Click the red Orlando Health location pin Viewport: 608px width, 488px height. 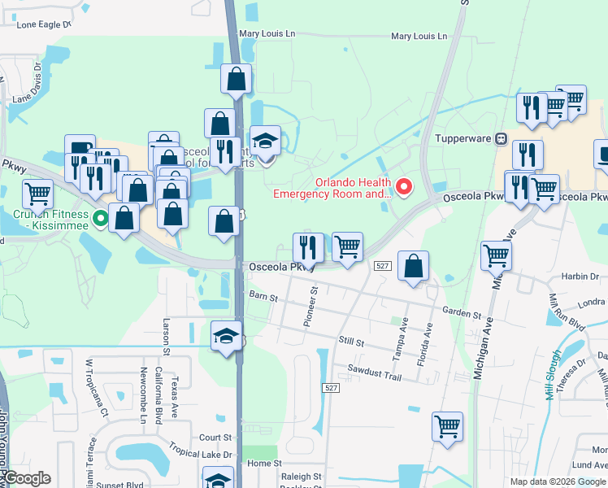pos(403,188)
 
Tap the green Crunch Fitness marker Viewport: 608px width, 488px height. pos(100,218)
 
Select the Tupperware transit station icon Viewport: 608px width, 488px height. pos(502,138)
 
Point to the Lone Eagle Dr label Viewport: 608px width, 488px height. pos(44,25)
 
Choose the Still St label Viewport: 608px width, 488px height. pos(350,342)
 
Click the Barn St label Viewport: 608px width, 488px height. pos(263,295)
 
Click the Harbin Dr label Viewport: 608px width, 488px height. pos(584,277)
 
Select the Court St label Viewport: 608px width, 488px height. pos(215,438)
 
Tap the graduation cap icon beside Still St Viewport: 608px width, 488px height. pos(227,336)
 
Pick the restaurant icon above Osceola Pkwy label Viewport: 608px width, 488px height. pos(308,246)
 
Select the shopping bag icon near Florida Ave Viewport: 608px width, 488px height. pos(414,266)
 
